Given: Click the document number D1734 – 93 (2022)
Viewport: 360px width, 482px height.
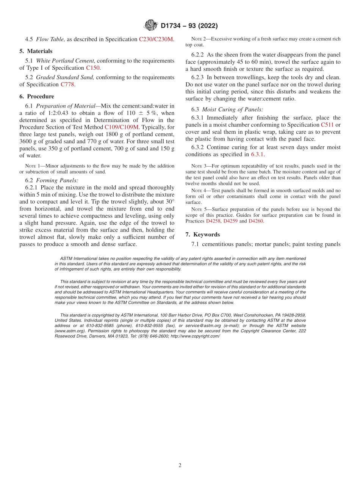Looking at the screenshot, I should (x=189, y=26).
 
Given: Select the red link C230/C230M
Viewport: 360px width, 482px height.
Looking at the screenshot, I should (x=156, y=39).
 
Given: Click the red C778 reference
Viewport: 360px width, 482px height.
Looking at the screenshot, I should (x=68, y=85).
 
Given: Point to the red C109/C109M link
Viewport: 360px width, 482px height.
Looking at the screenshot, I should (x=122, y=127).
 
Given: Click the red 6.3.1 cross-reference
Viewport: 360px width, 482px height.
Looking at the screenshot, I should (x=257, y=154).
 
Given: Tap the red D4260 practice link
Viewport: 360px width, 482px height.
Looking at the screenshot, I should (x=256, y=221).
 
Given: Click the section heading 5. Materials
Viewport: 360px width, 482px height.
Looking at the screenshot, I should (x=36, y=51).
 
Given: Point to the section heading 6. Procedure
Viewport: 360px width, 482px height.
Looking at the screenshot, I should (x=37, y=96).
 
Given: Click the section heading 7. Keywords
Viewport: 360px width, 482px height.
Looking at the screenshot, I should (x=203, y=235).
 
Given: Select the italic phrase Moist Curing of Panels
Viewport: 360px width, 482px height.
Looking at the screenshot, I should (x=233, y=110).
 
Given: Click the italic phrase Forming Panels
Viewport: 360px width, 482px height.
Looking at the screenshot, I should (x=57, y=180).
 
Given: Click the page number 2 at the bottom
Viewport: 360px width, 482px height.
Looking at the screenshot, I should (x=180, y=465).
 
